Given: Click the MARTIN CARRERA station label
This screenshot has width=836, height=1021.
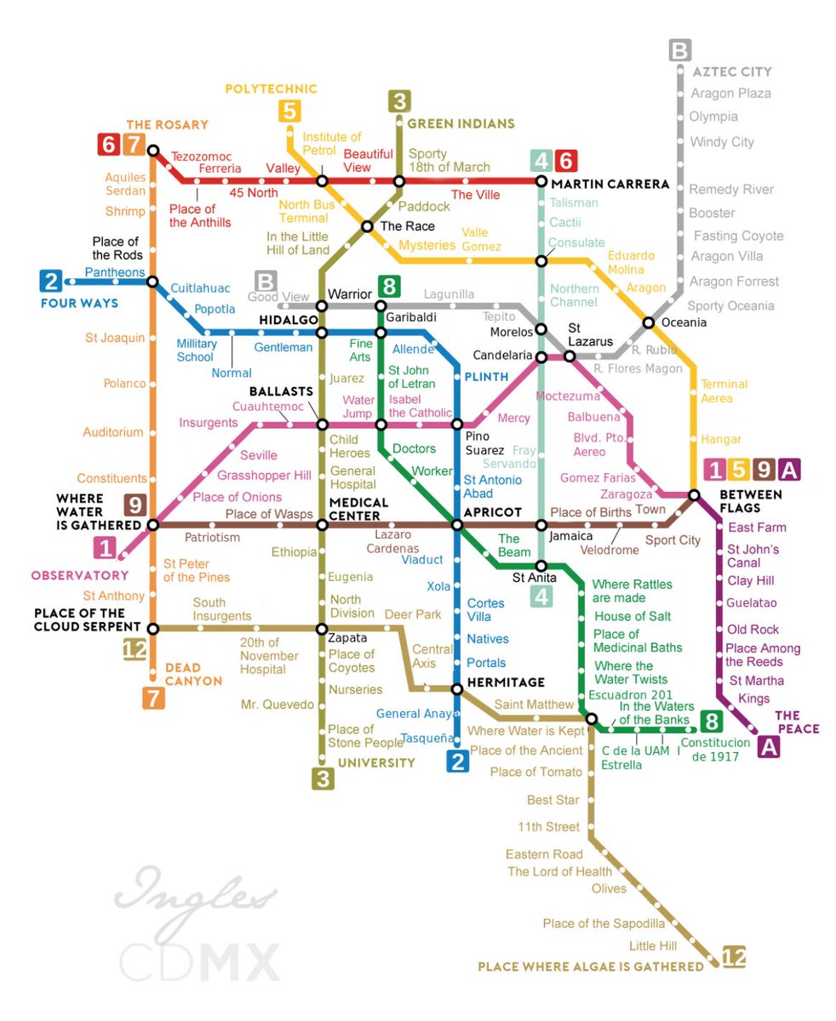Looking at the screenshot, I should coord(609,184).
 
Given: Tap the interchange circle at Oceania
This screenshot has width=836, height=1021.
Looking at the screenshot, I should coord(649,322).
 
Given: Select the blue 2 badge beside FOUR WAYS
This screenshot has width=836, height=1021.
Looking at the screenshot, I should coord(51,282).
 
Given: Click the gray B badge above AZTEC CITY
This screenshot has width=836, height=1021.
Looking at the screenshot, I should coord(679,51).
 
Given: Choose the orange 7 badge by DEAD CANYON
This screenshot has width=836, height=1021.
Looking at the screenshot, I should coord(153,699).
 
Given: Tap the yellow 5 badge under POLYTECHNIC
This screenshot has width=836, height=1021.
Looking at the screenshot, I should coord(289,111).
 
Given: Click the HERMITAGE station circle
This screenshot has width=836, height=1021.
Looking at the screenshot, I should coord(457,689).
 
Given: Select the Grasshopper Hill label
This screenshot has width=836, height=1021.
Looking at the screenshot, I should coord(264,476).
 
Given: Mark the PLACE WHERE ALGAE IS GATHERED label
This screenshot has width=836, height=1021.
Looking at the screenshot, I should coord(591,967).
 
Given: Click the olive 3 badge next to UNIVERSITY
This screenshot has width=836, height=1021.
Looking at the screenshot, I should coord(322,778).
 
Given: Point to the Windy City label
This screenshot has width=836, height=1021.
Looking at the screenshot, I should coord(722,142).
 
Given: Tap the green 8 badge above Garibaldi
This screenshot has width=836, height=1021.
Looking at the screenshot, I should coord(389,286).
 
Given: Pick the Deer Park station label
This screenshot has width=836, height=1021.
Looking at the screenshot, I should coord(413,613).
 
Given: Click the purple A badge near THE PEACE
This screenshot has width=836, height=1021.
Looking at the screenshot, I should coord(769,747).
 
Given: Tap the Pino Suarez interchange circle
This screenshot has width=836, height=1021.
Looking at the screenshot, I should coord(457,425).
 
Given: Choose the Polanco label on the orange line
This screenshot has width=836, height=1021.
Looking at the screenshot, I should coord(124,384).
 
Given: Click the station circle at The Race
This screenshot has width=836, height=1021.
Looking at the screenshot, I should coord(367,226).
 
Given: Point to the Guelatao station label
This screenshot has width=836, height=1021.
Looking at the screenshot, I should coord(752,603).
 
